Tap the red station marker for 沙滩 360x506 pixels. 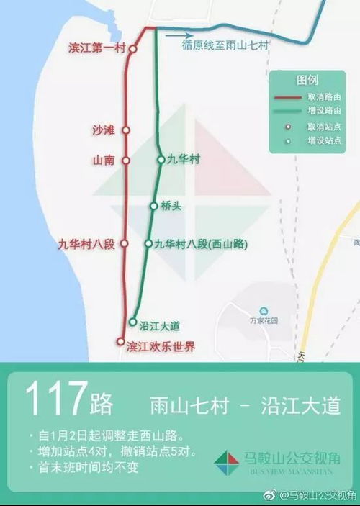125,130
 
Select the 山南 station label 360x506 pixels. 103,160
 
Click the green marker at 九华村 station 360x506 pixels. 161,160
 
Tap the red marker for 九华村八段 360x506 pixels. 124,244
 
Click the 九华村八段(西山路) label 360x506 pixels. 200,244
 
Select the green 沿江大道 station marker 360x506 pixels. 132,322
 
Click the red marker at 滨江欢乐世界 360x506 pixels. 120,343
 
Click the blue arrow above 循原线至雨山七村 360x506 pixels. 179,34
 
